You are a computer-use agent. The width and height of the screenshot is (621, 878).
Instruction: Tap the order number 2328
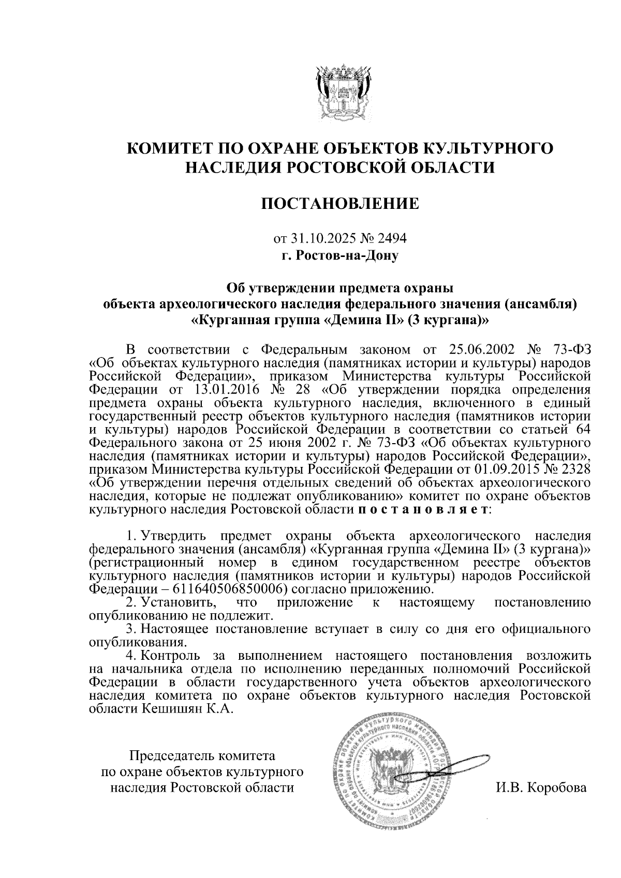[x=574, y=470]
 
